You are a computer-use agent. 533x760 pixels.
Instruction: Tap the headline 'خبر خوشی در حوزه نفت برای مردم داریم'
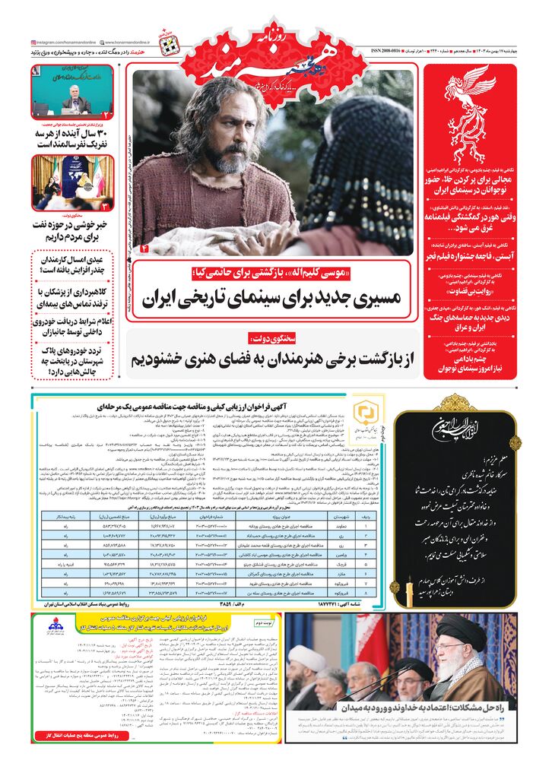72,226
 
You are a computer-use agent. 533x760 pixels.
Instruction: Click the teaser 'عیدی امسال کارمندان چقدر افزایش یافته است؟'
72,265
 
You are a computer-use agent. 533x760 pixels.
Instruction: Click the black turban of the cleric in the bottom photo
470,625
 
